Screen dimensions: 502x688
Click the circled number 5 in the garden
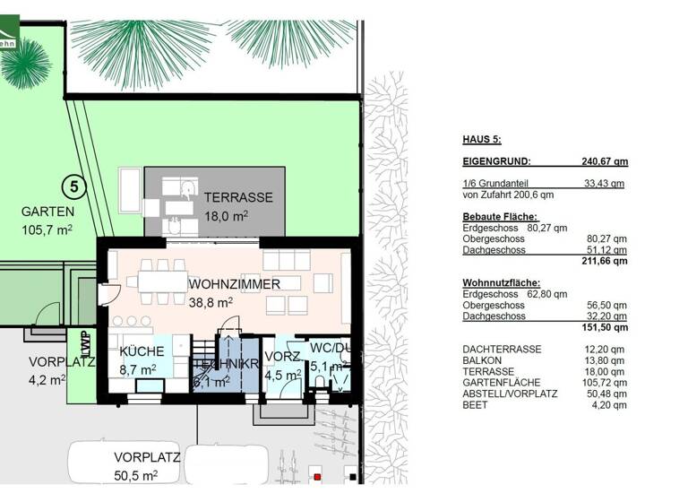pos(74,187)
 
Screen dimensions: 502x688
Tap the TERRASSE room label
pos(237,197)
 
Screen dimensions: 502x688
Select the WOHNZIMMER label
pos(235,284)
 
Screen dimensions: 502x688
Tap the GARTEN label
pos(48,212)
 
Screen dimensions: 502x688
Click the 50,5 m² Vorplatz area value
pos(135,474)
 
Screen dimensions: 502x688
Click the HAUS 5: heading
pos(481,140)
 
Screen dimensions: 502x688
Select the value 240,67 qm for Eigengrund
pos(602,161)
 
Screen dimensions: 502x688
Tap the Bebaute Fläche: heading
pos(499,217)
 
